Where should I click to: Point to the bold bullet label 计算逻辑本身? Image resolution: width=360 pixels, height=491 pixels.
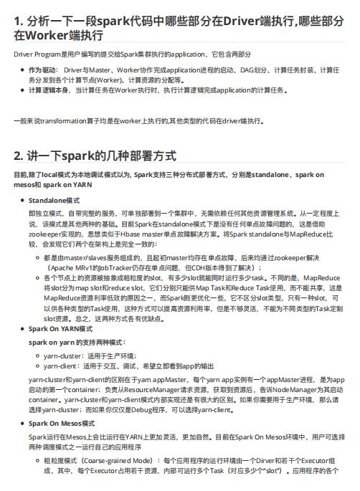pyautogui.click(x=47, y=90)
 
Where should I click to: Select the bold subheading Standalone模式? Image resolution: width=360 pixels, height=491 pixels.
pyautogui.click(x=54, y=200)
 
